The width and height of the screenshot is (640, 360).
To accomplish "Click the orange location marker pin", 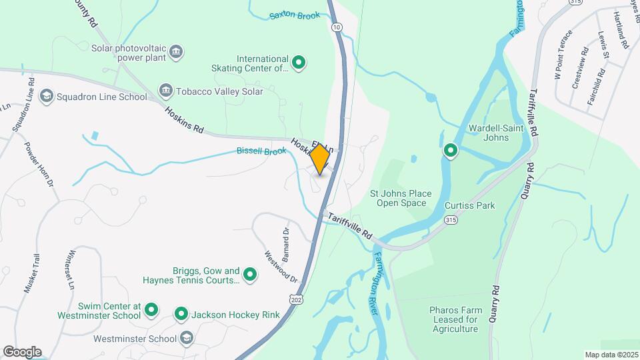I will point(320,159).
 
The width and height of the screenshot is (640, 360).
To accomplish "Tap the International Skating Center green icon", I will point(299,63).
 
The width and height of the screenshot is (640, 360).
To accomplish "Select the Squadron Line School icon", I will point(47,97).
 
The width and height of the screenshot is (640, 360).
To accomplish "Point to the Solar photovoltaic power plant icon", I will point(176,52).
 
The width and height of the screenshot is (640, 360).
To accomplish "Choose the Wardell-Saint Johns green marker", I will point(451,151).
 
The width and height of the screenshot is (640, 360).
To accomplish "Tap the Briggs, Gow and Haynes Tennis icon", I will point(250,274).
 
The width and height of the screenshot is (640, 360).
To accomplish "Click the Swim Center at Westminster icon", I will point(151,309).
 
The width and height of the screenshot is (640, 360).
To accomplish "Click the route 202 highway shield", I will point(295,299).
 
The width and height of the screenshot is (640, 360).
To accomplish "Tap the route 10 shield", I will point(337,27).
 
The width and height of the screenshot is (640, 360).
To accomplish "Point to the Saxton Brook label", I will point(295,15).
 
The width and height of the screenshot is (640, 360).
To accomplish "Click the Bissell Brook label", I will point(261,151).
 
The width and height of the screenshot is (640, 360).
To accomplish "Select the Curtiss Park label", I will point(470,205).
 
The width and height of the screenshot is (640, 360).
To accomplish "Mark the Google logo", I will point(22,352).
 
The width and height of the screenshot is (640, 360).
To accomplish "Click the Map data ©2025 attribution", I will point(611,355).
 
